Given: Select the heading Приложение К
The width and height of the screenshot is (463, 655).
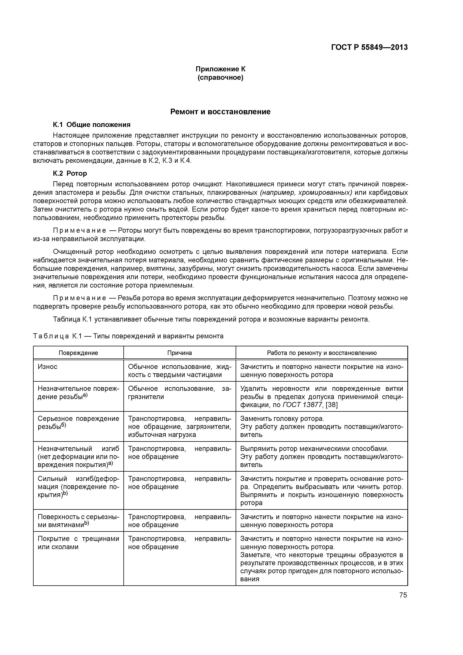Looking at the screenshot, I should (x=220, y=69).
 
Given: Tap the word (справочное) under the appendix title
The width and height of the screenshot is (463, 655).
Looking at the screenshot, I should (x=220, y=78).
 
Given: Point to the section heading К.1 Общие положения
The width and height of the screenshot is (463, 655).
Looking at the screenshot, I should (x=91, y=125).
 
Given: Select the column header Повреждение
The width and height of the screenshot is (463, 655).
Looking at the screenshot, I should (x=78, y=353).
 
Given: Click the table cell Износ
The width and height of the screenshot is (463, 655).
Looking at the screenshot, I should (x=48, y=367).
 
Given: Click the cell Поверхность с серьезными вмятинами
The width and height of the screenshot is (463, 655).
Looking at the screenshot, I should (x=78, y=521).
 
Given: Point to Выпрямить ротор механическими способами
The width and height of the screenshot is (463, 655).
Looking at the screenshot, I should (x=314, y=449).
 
